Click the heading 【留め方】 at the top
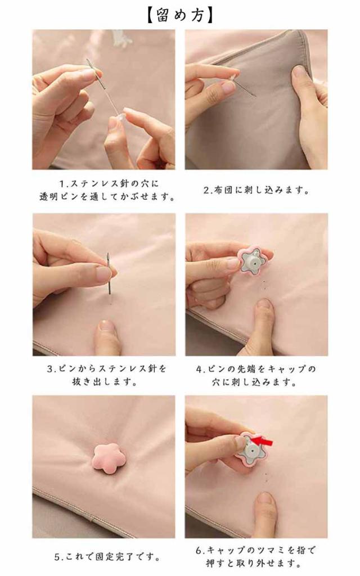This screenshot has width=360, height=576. point(180,15)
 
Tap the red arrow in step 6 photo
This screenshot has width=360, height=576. point(262,441)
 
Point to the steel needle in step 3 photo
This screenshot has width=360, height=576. point(109,273)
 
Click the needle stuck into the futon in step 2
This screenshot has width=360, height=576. point(244,87)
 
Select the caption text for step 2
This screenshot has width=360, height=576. point(256,190)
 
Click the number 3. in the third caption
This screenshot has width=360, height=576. point(51,368)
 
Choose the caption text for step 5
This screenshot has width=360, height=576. point(107,557)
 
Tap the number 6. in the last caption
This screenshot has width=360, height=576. point(200,550)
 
